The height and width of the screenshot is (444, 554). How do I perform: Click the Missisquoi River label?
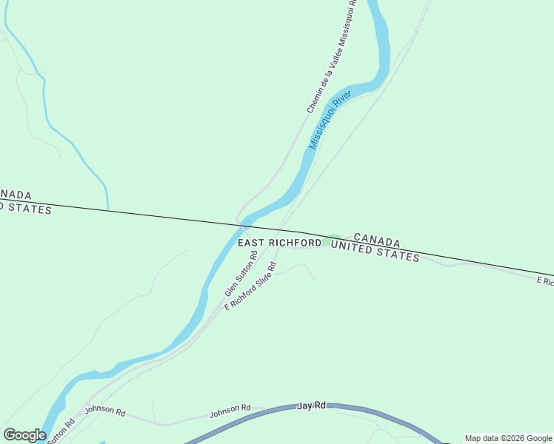tap(330, 121)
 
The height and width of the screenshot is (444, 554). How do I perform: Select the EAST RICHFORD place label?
tap(280, 243)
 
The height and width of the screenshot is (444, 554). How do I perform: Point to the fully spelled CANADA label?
tap(377, 240)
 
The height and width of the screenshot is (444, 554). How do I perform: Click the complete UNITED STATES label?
tap(375, 251)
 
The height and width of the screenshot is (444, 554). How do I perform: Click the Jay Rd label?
tap(311, 406)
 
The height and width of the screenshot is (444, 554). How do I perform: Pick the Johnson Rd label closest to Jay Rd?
tap(230, 408)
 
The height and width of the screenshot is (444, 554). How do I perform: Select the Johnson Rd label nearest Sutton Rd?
tap(105, 410)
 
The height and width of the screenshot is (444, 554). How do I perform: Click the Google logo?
tap(24, 435)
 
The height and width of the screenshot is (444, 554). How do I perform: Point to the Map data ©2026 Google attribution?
tap(508, 438)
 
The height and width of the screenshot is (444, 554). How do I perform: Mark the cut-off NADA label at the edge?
tap(16, 195)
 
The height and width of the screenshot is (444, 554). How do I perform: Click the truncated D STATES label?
tap(26, 208)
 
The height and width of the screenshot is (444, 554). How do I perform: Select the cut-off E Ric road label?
tap(545, 281)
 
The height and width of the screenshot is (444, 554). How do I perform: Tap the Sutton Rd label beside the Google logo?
tap(61, 432)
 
